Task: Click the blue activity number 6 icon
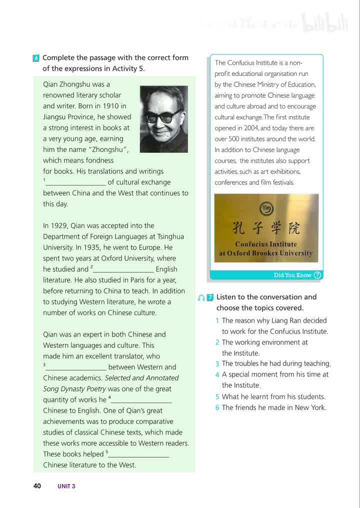[36, 58]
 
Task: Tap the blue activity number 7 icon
[210, 297]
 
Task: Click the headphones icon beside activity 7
[201, 297]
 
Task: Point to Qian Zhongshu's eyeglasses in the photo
[162, 116]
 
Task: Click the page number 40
[37, 485]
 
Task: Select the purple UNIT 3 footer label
[66, 486]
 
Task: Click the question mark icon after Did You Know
[317, 275]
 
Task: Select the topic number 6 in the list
[217, 408]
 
